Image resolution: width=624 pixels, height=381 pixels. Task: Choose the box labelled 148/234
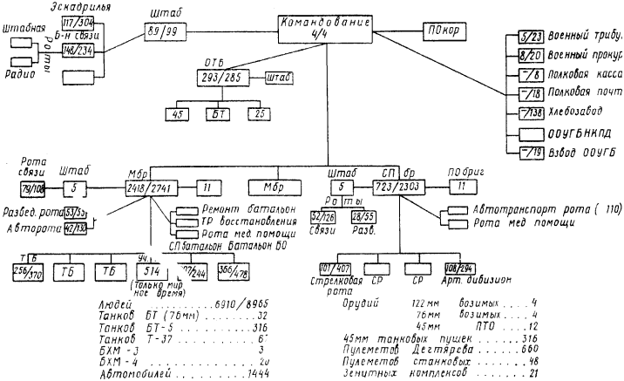pos(78,50)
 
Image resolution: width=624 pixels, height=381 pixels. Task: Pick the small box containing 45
pos(180,112)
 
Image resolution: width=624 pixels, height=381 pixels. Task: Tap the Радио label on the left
pos(17,74)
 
